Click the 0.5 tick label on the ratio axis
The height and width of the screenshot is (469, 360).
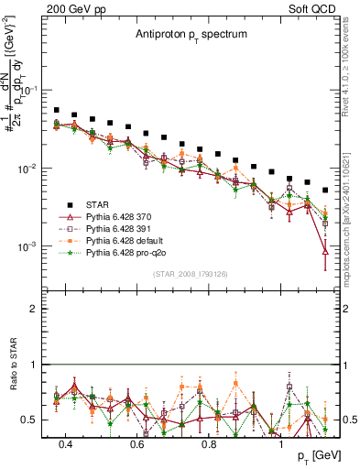[32, 420]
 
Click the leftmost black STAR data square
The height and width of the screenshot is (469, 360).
[57, 110]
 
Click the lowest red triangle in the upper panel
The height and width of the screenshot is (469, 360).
[325, 252]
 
